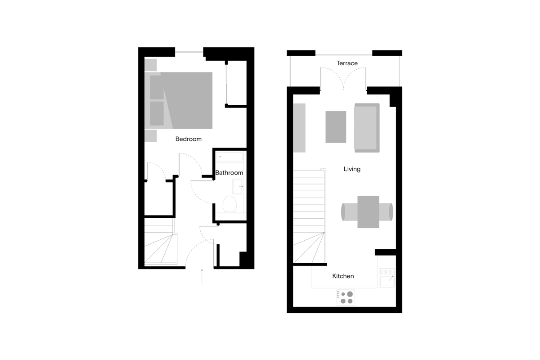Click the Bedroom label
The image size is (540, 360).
[x=188, y=139]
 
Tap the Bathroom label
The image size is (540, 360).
[x=229, y=173]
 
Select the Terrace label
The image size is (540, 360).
[x=347, y=63]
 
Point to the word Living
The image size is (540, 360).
[x=352, y=169]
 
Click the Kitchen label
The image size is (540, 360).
[x=343, y=276]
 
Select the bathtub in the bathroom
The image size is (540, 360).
[x=229, y=157]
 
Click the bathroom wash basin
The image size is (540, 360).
[x=237, y=186]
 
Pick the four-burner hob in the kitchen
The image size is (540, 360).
[x=346, y=297]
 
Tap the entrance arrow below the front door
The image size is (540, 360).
[x=202, y=276]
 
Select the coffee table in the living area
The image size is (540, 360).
[x=336, y=127]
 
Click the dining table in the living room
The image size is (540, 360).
[x=368, y=211]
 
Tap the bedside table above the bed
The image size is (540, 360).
[x=151, y=64]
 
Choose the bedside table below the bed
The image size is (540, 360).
[x=150, y=135]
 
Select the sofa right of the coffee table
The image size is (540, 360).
[x=366, y=127]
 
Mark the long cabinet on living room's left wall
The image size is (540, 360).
[x=299, y=127]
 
